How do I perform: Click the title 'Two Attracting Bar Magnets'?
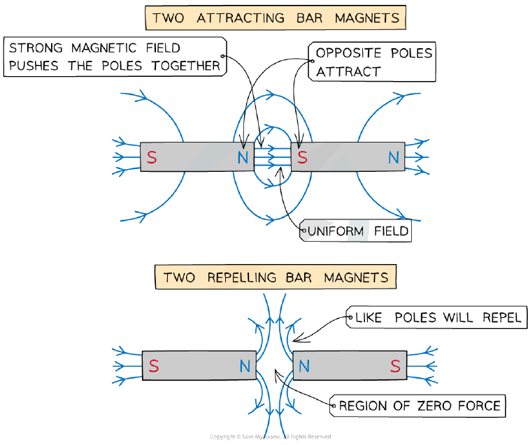pos(276,18)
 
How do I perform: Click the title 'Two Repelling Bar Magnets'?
pos(276,277)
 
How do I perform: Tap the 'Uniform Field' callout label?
pos(355,231)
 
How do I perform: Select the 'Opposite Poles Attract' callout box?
pos(372,62)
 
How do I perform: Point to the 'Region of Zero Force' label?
pos(418,406)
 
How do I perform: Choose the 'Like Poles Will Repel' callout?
pos(436,317)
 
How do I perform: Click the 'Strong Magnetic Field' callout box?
pos(115,57)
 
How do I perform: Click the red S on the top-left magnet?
pos(152,157)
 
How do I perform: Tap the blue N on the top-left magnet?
pos(243,157)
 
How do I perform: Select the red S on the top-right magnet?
pos(302,157)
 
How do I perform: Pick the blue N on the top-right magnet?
pos(394,157)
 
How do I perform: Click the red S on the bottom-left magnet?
pos(154,365)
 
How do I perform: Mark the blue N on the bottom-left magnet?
pos(245,365)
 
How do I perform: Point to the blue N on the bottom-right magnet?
pos(304,365)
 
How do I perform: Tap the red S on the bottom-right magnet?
pos(395,365)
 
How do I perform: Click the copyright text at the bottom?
pos(271,437)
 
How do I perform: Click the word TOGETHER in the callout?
pos(186,66)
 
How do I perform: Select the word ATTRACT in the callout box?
pos(348,72)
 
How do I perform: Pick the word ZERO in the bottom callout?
pos(434,406)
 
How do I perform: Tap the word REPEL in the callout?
pos(501,317)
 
